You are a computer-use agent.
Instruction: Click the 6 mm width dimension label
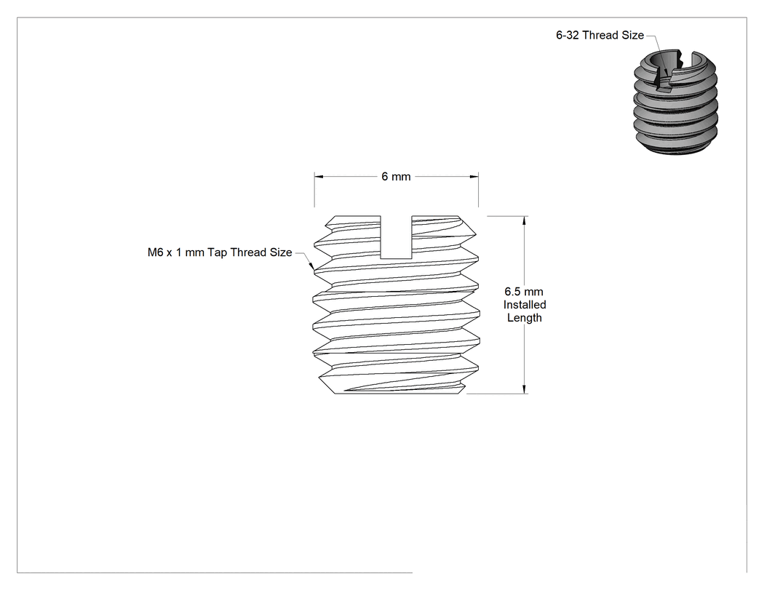click(x=396, y=176)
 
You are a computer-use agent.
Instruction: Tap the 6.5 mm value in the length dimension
click(x=524, y=291)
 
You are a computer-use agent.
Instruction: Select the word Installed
click(x=525, y=305)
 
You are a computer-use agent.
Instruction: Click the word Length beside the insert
click(x=525, y=318)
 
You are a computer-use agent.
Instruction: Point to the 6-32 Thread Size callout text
click(x=600, y=35)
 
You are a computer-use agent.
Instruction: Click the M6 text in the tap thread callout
click(x=156, y=252)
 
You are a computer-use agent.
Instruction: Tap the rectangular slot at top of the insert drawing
click(x=396, y=236)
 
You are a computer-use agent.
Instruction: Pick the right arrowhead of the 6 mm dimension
click(x=474, y=176)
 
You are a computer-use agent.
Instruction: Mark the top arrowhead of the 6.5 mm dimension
click(x=525, y=220)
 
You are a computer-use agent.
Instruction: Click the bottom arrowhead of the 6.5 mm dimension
click(x=525, y=388)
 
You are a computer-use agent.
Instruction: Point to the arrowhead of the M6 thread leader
click(x=312, y=266)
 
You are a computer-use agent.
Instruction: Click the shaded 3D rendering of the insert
click(x=676, y=103)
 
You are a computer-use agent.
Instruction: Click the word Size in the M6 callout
click(x=281, y=252)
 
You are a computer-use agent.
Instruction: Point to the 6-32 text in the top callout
click(x=568, y=35)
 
